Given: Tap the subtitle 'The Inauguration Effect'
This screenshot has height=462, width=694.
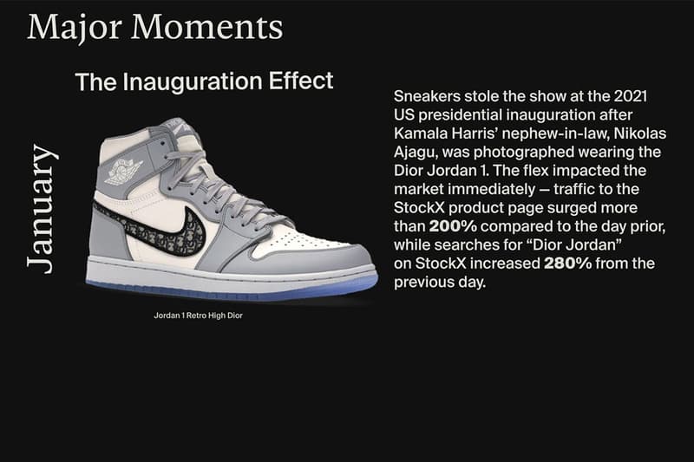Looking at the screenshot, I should [204, 82].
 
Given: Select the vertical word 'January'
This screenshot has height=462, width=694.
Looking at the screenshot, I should [42, 208].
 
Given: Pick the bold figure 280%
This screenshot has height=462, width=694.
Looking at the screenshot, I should [567, 263].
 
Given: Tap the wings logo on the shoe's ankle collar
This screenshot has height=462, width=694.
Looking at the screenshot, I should [124, 170].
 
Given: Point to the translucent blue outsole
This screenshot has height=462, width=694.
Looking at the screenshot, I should [234, 289].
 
